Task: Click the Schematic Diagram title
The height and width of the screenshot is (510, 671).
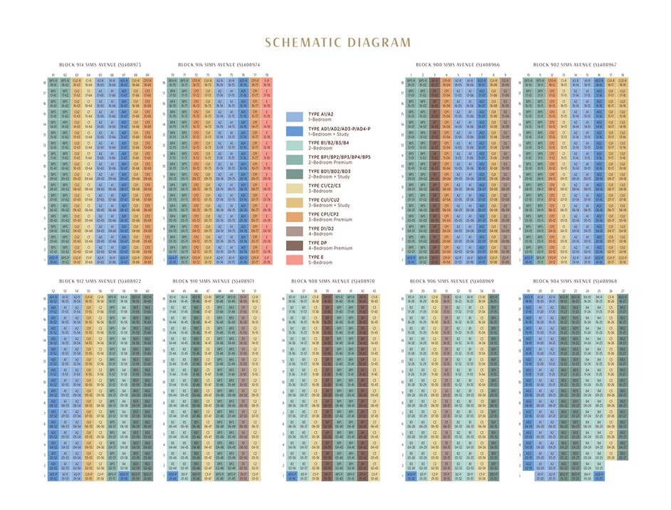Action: click(x=337, y=43)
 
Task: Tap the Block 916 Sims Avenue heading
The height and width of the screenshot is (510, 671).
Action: click(x=218, y=65)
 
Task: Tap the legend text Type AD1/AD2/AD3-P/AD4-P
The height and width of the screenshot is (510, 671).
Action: click(x=340, y=129)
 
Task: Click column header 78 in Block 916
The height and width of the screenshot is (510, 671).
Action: click(x=266, y=75)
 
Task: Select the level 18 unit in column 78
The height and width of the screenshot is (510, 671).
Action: click(x=266, y=83)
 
